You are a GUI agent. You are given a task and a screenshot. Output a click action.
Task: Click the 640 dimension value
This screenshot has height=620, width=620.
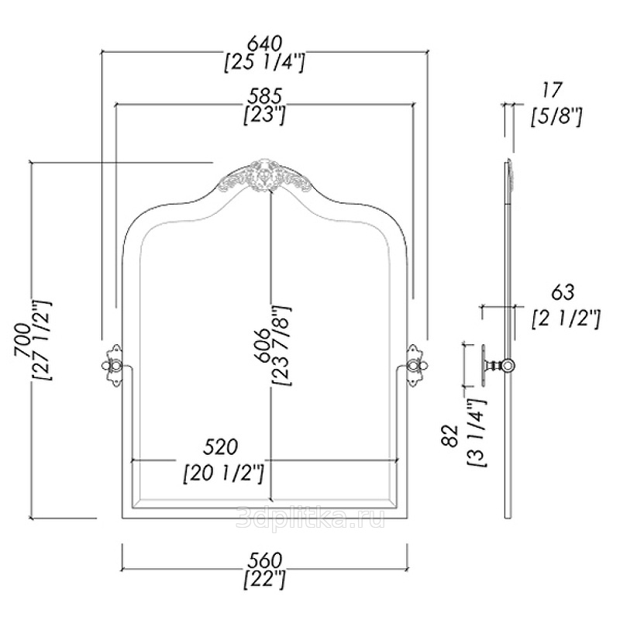click(264, 41)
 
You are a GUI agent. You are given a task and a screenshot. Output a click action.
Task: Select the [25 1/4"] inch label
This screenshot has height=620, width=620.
click(264, 62)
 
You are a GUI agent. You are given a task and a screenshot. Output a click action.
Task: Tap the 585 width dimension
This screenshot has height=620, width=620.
click(264, 96)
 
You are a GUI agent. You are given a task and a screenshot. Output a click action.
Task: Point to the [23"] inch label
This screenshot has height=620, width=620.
click(264, 115)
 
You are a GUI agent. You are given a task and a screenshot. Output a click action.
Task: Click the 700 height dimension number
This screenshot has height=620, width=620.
click(21, 340)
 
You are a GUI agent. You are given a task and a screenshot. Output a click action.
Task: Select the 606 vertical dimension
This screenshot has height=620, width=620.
click(261, 341)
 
